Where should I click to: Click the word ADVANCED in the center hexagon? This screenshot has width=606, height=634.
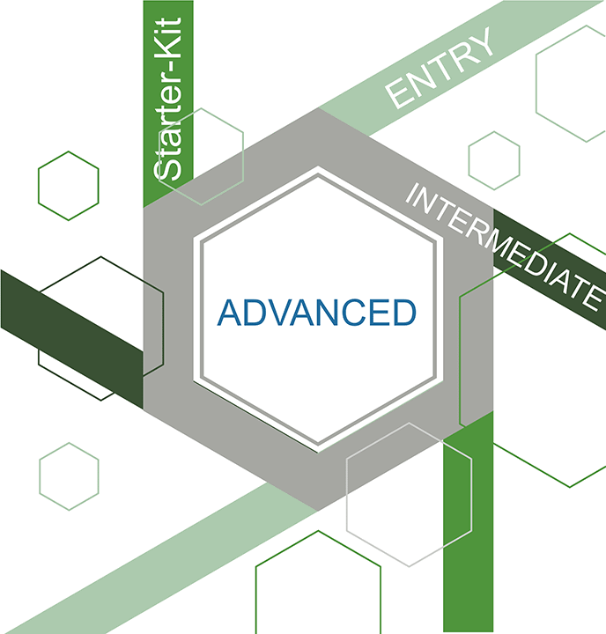(316, 313)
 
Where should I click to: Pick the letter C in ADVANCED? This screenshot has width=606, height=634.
(346, 313)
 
